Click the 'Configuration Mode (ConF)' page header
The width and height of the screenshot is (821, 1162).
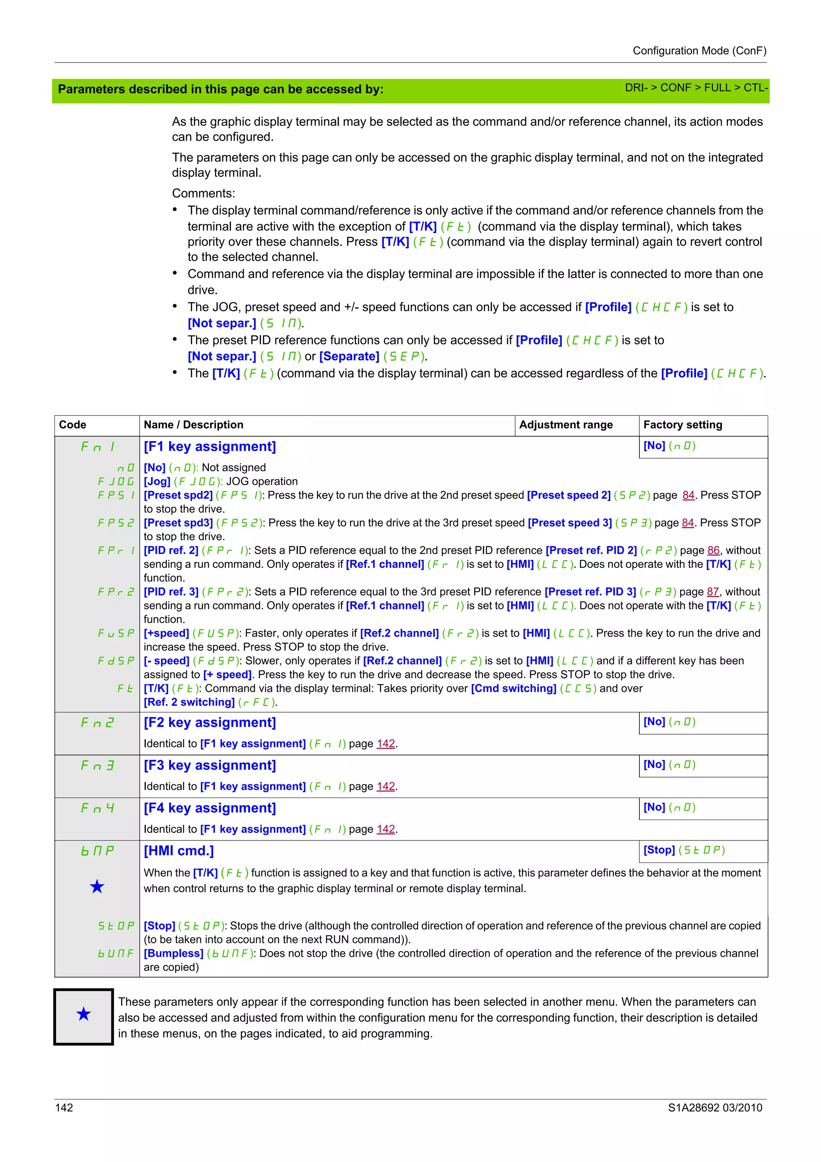click(699, 51)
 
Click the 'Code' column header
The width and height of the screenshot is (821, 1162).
click(72, 425)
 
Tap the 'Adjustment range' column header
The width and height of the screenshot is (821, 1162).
click(566, 425)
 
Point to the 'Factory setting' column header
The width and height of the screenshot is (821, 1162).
click(682, 425)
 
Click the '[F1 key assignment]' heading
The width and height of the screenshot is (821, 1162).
click(209, 446)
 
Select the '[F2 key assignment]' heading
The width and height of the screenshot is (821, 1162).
click(209, 722)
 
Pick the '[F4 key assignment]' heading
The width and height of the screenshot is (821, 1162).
click(209, 808)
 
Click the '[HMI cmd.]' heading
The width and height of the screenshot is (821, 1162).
click(178, 851)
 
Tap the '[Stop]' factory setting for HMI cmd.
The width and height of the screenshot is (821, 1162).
click(659, 850)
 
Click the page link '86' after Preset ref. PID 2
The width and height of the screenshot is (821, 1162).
click(713, 550)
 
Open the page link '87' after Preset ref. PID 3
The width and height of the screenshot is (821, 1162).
click(712, 592)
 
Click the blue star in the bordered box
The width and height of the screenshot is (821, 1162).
click(83, 1014)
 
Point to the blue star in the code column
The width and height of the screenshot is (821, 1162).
click(97, 887)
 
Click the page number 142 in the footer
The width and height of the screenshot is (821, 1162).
click(64, 1107)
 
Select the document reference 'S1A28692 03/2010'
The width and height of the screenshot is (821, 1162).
click(715, 1107)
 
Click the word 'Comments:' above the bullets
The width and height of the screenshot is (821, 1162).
click(203, 193)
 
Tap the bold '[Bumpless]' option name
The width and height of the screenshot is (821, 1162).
click(174, 953)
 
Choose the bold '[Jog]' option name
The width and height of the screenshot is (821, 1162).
click(157, 481)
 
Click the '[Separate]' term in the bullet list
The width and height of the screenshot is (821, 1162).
click(349, 356)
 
